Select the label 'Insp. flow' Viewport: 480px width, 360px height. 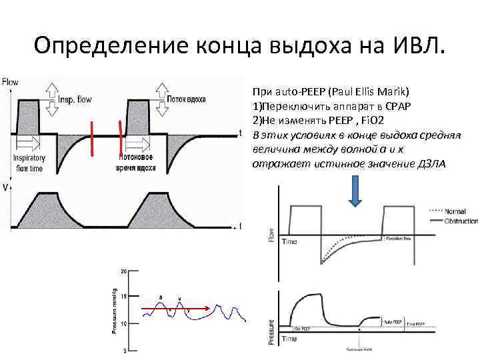pos(75,97)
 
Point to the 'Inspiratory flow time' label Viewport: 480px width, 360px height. pos(28,163)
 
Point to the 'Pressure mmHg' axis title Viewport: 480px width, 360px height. pos(114,311)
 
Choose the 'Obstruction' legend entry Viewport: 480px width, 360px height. pos(461,221)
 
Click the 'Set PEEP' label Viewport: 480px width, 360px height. pos(303,329)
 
